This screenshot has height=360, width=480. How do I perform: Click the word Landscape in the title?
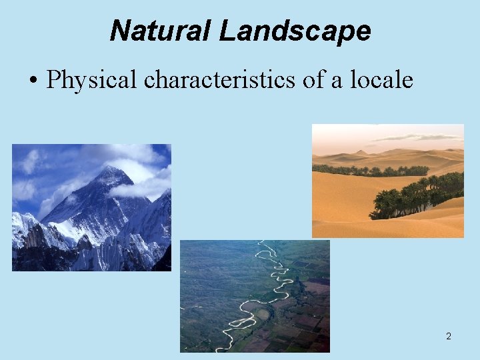click(x=295, y=31)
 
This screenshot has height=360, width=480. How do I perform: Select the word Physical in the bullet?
click(x=93, y=81)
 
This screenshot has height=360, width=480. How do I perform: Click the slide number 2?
click(x=449, y=336)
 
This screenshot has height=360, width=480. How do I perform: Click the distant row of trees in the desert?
click(x=367, y=170)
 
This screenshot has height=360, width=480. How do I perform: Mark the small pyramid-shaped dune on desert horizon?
click(x=361, y=153)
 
